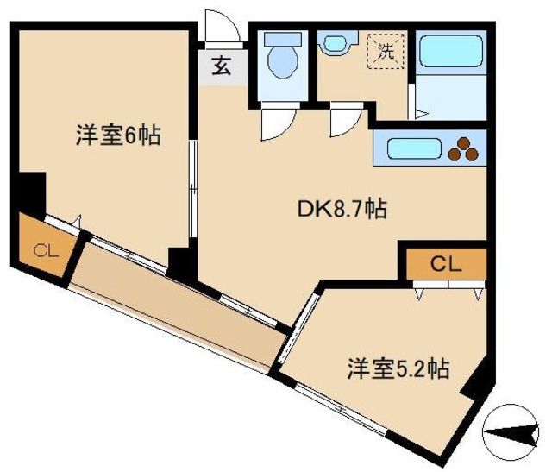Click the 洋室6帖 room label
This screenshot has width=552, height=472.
[118, 135]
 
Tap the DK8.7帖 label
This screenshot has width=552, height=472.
[341, 208]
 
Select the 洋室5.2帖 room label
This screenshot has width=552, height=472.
[398, 368]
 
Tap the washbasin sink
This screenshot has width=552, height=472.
[334, 43]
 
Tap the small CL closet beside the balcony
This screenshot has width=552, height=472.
[43, 251]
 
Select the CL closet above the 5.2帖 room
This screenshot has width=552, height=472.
[445, 264]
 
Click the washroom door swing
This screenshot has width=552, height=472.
[344, 121]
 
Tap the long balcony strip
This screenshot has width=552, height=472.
[181, 312]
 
